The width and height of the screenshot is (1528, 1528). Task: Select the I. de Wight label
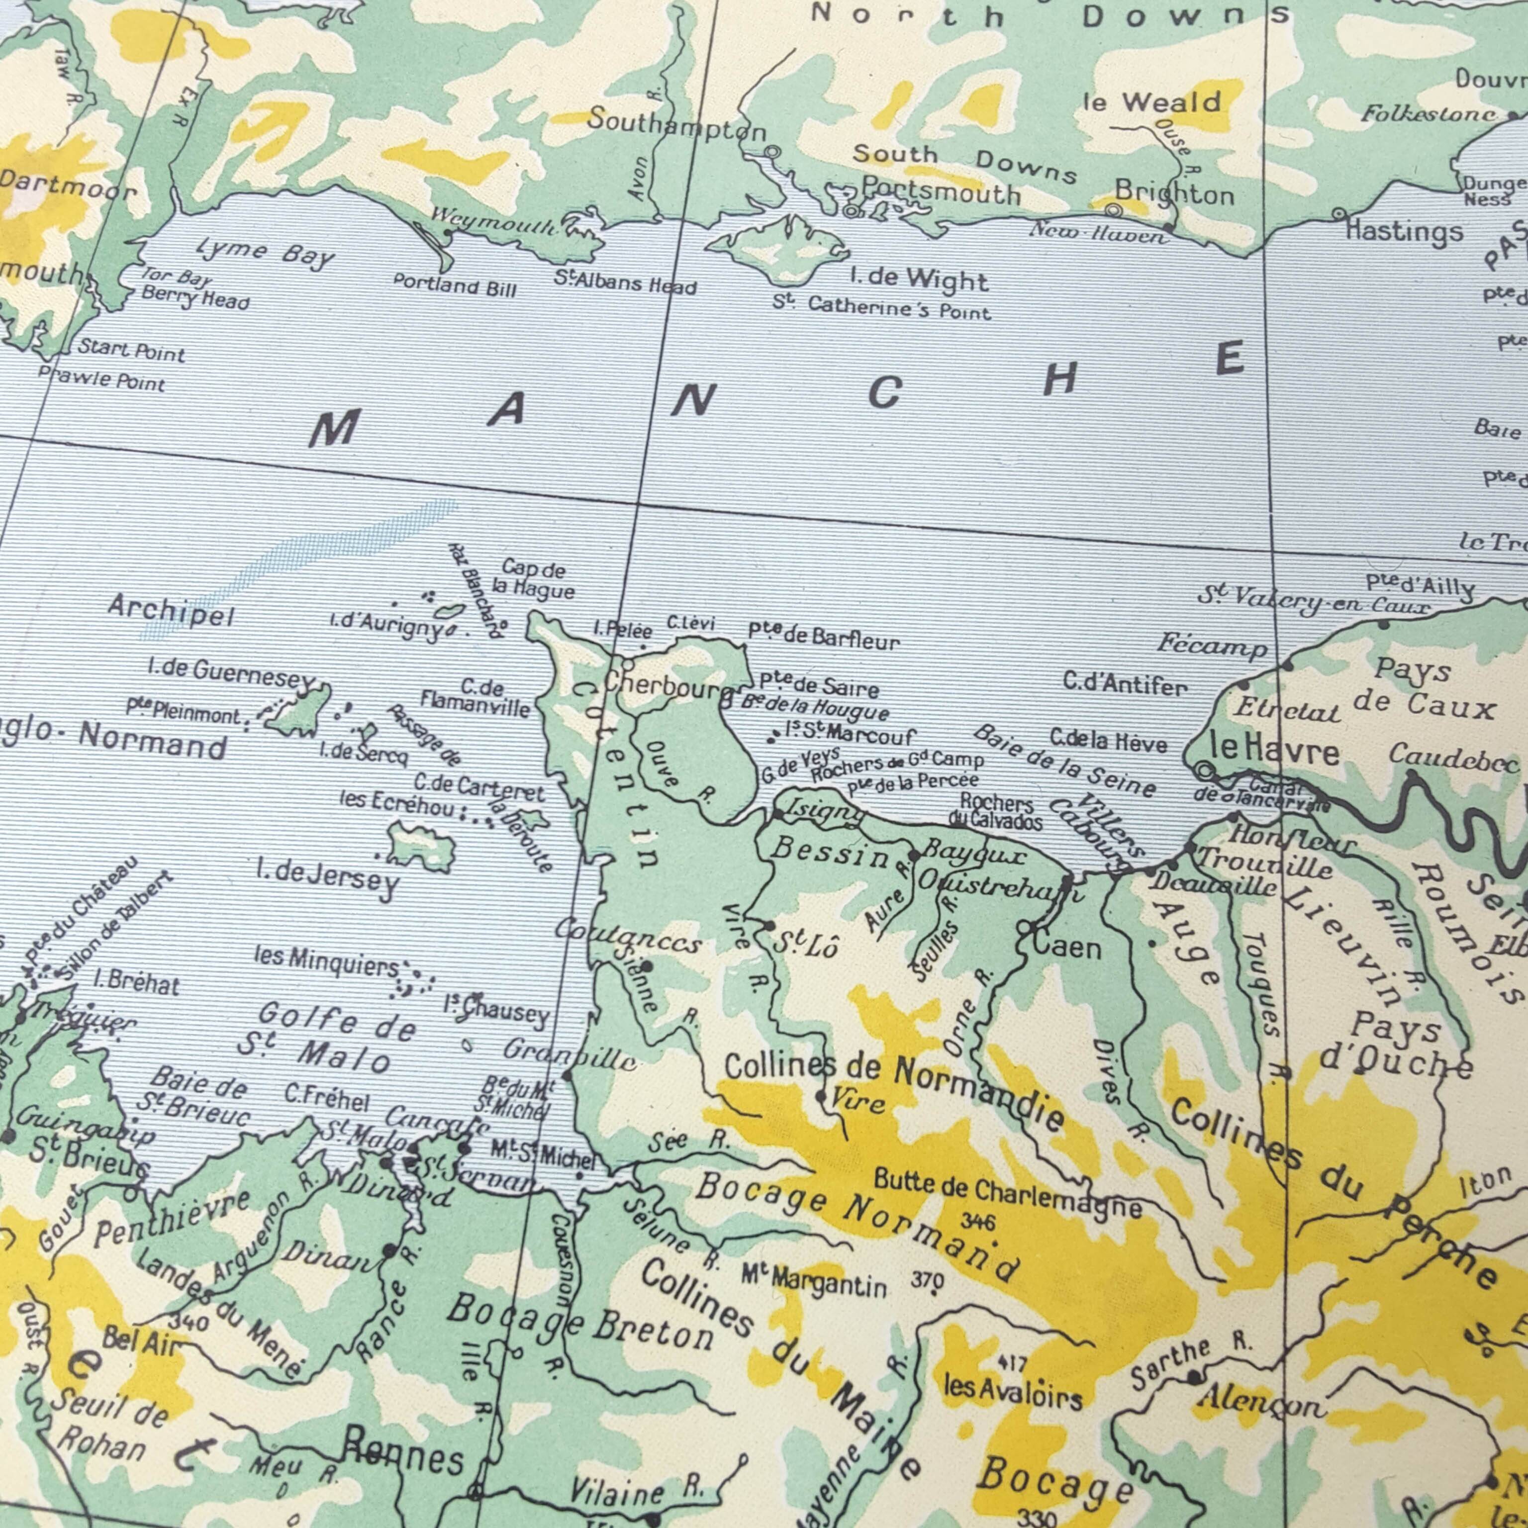tap(919, 279)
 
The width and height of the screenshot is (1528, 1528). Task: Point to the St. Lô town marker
tap(769, 925)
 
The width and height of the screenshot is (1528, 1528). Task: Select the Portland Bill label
tap(454, 286)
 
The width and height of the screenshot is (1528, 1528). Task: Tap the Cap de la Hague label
tap(533, 579)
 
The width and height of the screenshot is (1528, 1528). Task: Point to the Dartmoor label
tap(67, 186)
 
